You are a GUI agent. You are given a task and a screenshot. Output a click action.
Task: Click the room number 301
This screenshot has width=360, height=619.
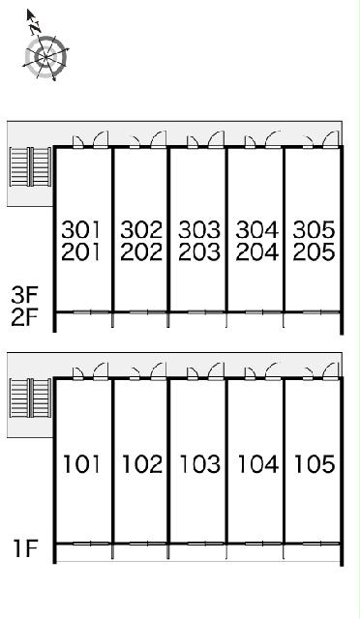(x=81, y=229)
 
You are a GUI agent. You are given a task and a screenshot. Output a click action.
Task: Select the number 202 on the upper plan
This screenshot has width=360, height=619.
(x=141, y=251)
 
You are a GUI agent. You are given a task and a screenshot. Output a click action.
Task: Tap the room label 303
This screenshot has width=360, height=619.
(x=199, y=229)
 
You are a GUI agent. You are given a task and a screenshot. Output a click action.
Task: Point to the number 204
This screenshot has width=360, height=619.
(x=256, y=251)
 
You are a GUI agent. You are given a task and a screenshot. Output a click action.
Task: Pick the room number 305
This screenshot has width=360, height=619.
(x=315, y=229)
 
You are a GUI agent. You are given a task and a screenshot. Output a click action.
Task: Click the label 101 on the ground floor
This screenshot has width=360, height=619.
(x=81, y=464)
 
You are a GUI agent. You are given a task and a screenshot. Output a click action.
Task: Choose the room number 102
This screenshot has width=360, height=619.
(x=142, y=464)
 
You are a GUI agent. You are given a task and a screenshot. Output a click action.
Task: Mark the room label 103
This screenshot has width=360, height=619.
(x=200, y=464)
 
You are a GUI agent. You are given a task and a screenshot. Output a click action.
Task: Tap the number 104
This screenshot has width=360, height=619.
(x=257, y=464)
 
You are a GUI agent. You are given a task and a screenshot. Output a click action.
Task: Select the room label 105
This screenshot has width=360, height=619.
(x=315, y=464)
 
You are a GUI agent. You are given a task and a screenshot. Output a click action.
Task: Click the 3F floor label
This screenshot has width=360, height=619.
(x=24, y=295)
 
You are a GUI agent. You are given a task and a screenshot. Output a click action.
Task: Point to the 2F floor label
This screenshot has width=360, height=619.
(x=24, y=318)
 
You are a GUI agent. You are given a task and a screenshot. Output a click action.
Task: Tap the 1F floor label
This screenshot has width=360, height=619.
(x=26, y=548)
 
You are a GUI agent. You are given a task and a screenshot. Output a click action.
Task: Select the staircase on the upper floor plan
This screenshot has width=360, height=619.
(x=30, y=166)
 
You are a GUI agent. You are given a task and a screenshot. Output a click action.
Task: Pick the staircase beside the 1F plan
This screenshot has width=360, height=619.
(x=30, y=398)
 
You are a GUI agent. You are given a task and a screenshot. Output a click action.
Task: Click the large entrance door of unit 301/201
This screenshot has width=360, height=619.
(x=101, y=139)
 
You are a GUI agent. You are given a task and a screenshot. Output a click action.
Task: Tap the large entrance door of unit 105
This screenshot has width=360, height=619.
(x=331, y=370)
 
